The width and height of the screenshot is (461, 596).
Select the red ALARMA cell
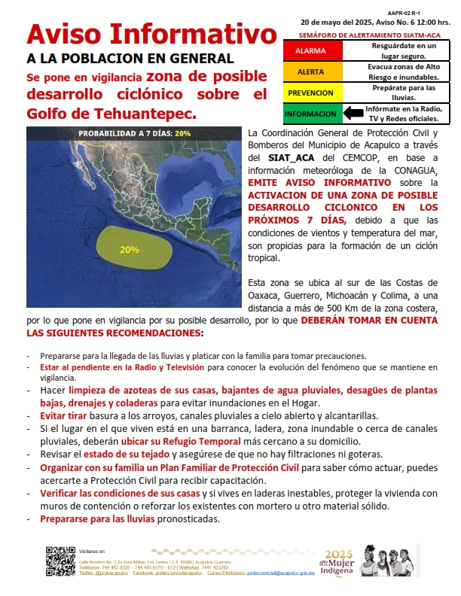[x=311, y=50]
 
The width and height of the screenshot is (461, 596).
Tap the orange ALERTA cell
[x=311, y=72]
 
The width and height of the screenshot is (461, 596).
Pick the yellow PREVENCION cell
[x=311, y=93]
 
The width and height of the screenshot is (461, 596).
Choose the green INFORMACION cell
[x=311, y=114]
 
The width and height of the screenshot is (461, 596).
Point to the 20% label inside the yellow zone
[x=129, y=250]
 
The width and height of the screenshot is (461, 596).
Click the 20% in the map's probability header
[x=182, y=133]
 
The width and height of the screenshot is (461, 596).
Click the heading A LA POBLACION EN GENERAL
[x=130, y=58]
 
